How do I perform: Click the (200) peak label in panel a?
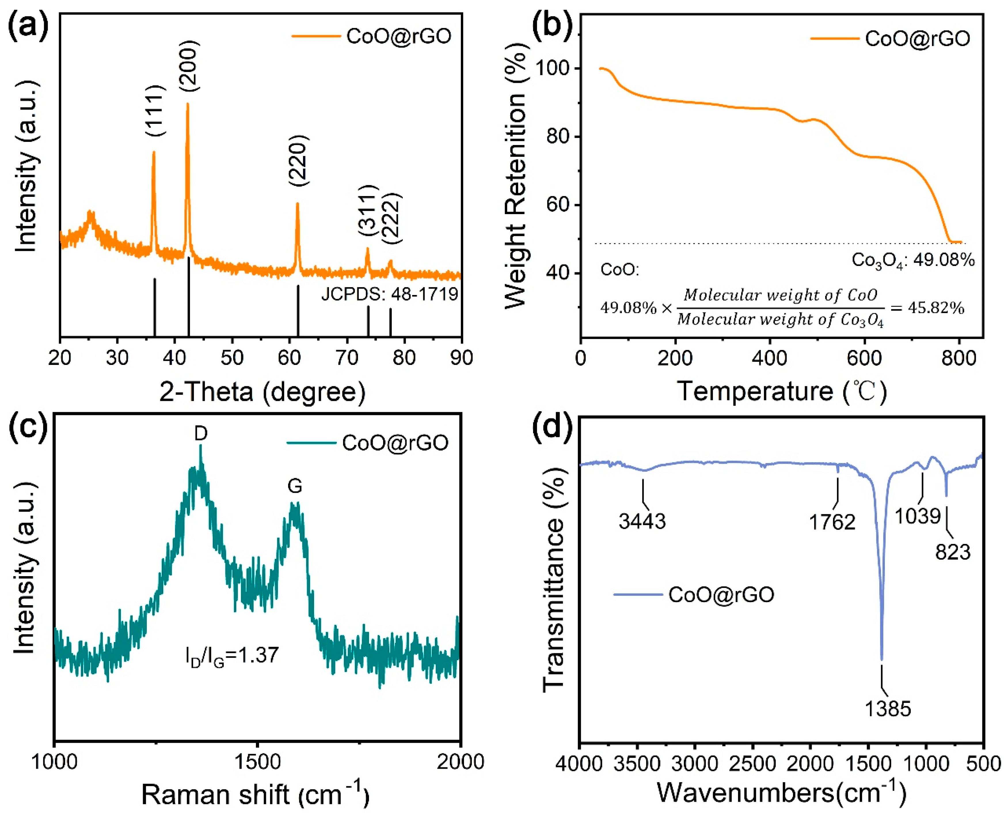(x=189, y=66)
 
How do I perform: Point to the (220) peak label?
(x=298, y=161)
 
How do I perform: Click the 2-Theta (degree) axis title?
(x=262, y=391)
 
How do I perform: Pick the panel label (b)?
(x=553, y=26)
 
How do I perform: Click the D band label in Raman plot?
(x=200, y=434)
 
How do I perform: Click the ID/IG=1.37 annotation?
(x=232, y=656)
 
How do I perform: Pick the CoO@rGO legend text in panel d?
(x=721, y=595)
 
